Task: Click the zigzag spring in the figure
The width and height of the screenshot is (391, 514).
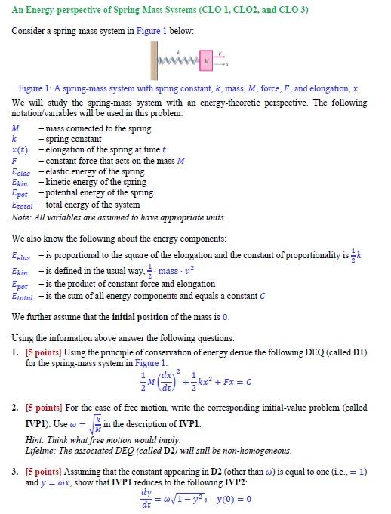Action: click(179, 58)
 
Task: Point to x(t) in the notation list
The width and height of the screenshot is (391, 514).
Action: click(20, 149)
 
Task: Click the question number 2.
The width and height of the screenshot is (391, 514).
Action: click(15, 408)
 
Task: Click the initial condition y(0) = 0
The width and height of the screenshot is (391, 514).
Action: click(234, 499)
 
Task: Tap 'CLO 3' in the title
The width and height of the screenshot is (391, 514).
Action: click(290, 10)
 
